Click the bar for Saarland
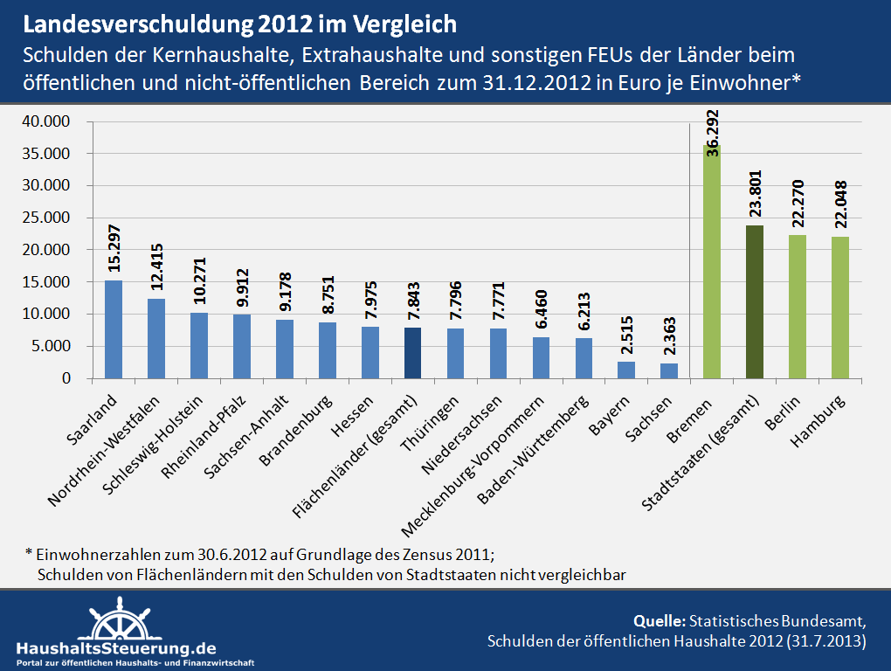click(114, 329)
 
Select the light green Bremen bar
click(712, 262)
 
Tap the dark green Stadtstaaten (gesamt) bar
click(755, 302)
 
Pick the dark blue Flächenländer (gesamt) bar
click(413, 353)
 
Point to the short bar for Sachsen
click(669, 370)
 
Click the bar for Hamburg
click(840, 308)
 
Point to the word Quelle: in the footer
click(660, 621)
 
